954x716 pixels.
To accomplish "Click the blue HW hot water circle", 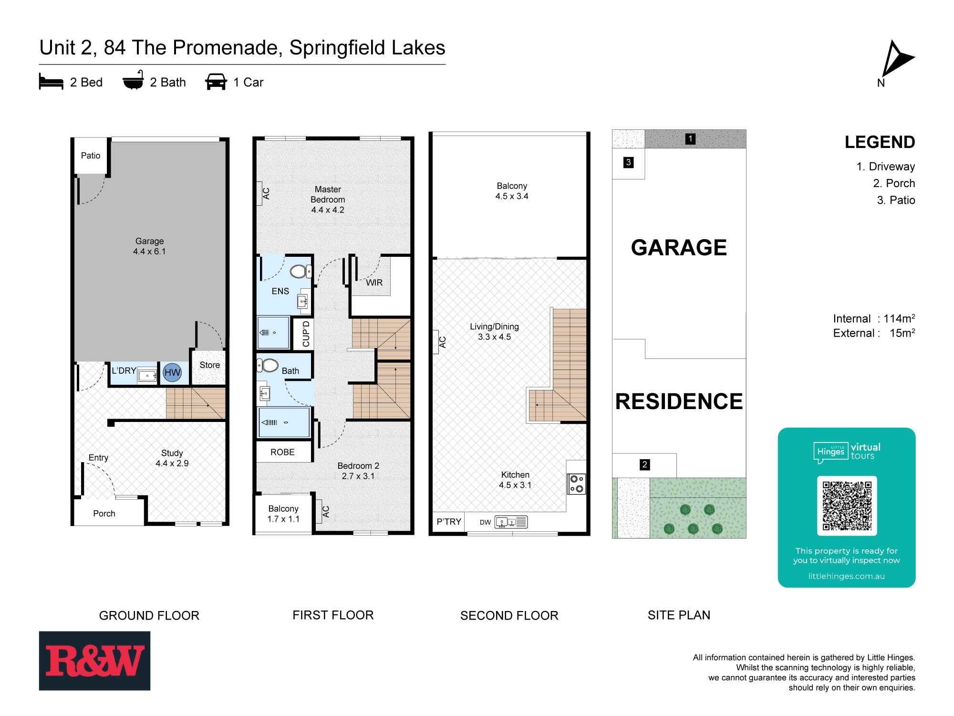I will pos(172,373).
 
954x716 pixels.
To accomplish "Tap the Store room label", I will pos(209,365).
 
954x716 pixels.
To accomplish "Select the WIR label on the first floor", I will pos(374,283).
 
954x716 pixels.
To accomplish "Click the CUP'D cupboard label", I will pos(306,334).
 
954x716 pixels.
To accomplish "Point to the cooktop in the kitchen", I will pos(577,484).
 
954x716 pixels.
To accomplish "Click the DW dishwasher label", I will pos(485,522).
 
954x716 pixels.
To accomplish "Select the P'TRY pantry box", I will pos(449,522).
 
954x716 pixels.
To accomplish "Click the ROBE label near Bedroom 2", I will pos(282,452).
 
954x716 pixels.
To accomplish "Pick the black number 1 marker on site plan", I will pos(690,139).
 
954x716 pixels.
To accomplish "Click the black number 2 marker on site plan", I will pos(644,464).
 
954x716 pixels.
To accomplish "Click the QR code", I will pos(847,506).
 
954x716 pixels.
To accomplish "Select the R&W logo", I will pos(94,661).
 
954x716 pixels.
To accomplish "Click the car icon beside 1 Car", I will pos(216,82).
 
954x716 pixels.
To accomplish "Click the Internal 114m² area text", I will pos(873,319).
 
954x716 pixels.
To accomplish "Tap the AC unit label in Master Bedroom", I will pos(265,193).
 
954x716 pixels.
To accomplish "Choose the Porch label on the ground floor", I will pos(104,514).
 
